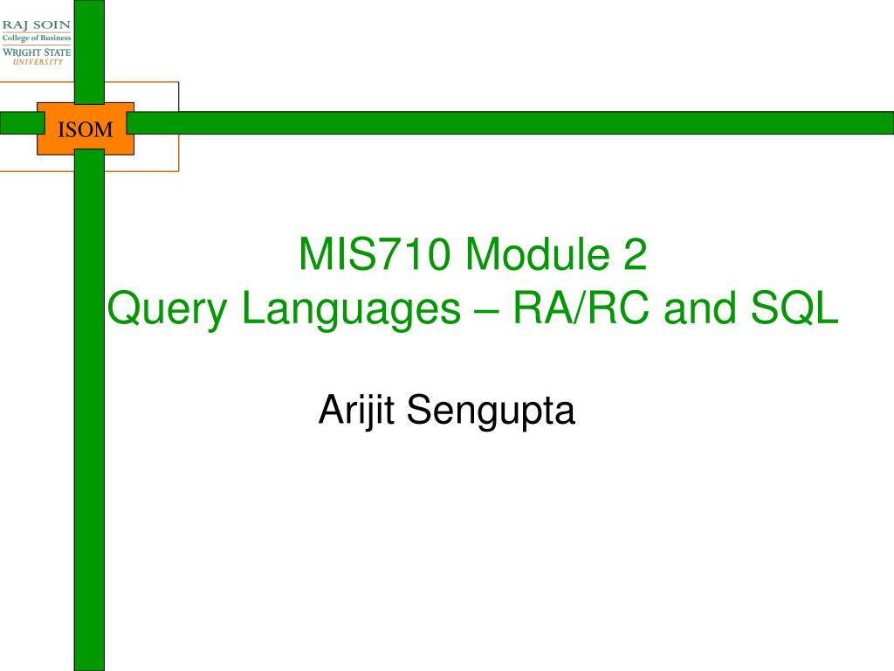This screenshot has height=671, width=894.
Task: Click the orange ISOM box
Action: tap(86, 129)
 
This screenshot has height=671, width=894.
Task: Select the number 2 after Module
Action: tap(636, 255)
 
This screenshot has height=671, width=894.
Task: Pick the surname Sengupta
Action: tap(492, 412)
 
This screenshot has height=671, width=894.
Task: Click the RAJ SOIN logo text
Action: tap(37, 24)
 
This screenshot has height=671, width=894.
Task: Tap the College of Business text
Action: tap(37, 38)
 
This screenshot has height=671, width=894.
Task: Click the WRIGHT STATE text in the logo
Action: tap(37, 52)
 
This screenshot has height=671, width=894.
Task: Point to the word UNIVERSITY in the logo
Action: tap(37, 62)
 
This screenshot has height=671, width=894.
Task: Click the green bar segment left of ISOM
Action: tap(17, 122)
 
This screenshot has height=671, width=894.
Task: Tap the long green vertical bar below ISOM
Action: tap(89, 411)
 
